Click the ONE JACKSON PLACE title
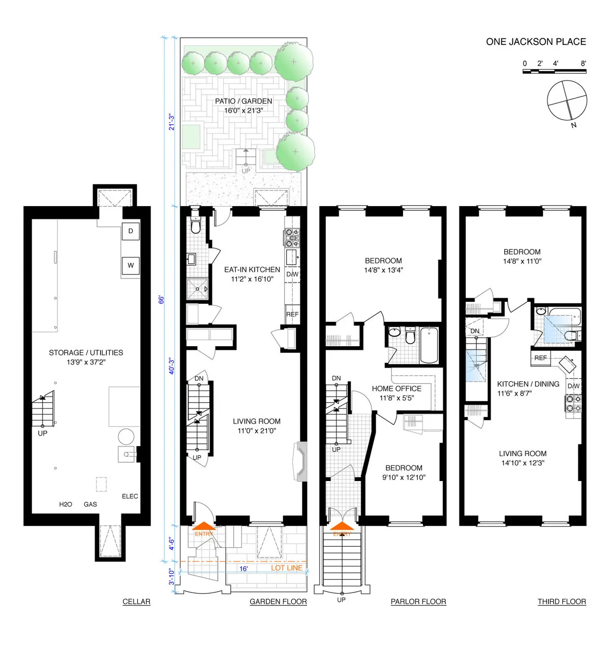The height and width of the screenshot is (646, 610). pyautogui.click(x=536, y=42)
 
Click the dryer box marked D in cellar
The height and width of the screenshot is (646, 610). pyautogui.click(x=131, y=232)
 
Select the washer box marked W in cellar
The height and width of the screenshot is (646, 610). pyautogui.click(x=131, y=265)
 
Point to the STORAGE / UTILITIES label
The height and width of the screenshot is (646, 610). pyautogui.click(x=86, y=352)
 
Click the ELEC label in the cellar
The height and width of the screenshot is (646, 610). pyautogui.click(x=130, y=496)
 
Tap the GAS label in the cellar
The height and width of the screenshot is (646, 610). pyautogui.click(x=90, y=504)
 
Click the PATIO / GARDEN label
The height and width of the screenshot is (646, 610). pyautogui.click(x=243, y=101)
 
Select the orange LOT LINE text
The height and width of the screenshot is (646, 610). pyautogui.click(x=287, y=568)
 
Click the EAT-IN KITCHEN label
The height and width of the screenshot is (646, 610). pyautogui.click(x=252, y=270)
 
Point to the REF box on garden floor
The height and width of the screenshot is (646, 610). pyautogui.click(x=292, y=315)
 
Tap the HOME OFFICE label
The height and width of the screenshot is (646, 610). pyautogui.click(x=396, y=388)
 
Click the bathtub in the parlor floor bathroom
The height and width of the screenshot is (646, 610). pyautogui.click(x=429, y=345)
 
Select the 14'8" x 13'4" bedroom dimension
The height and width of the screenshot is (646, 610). pyautogui.click(x=383, y=270)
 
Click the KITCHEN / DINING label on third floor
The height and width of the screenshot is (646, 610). pyautogui.click(x=528, y=384)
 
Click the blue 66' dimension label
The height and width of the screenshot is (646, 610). pyautogui.click(x=162, y=299)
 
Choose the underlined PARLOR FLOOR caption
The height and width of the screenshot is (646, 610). pyautogui.click(x=418, y=602)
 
